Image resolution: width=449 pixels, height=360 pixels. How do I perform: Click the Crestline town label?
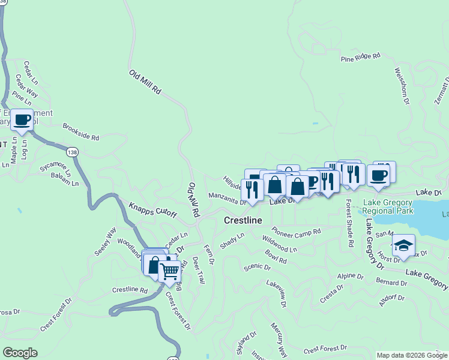(x=243, y=221)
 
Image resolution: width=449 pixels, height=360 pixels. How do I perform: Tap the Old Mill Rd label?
(x=145, y=82)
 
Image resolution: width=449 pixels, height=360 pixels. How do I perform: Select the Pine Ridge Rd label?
(x=361, y=58)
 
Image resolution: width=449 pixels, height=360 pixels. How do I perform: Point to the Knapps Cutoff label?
(x=152, y=210)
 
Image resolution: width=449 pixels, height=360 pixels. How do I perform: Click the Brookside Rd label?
(x=80, y=132)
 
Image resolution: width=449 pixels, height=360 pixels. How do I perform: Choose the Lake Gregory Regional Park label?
(x=387, y=208)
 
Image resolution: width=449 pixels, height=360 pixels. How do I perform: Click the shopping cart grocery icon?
(x=170, y=272)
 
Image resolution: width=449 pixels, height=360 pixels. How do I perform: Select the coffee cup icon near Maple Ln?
(x=22, y=119)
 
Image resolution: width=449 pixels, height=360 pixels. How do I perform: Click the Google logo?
(x=20, y=353)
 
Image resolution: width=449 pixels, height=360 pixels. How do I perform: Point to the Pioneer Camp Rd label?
(x=296, y=232)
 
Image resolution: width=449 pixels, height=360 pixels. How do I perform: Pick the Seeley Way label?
(x=104, y=241)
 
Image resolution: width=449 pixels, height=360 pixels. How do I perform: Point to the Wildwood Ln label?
(x=279, y=244)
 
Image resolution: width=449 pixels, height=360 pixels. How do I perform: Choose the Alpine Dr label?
(x=350, y=276)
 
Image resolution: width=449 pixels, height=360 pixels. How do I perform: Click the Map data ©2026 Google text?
(x=411, y=355)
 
